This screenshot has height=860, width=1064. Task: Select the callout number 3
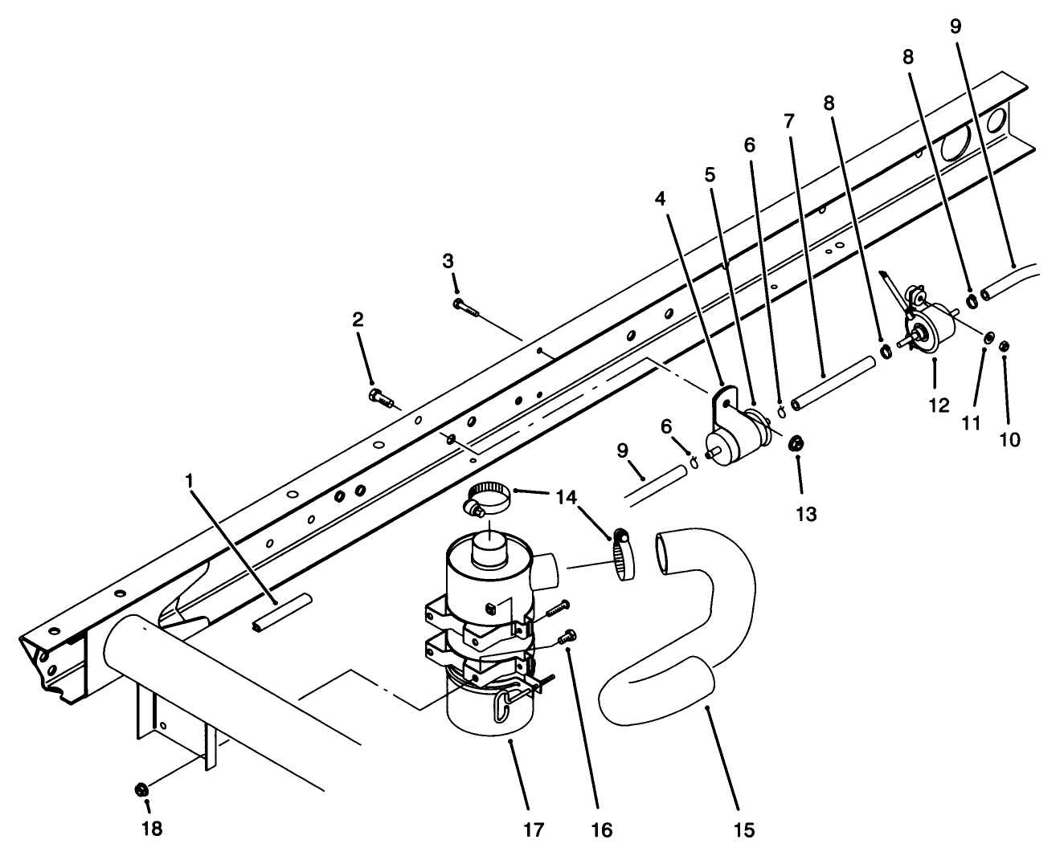(x=448, y=260)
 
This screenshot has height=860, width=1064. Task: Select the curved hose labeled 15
(x=691, y=634)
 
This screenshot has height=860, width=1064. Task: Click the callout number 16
(x=600, y=829)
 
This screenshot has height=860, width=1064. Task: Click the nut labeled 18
(x=141, y=789)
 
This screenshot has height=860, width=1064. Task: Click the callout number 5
(x=710, y=174)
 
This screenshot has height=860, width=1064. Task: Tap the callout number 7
(x=788, y=122)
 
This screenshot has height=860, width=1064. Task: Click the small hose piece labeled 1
(x=277, y=614)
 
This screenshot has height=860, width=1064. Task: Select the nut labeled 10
(x=1005, y=346)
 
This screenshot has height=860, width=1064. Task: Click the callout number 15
(x=744, y=829)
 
